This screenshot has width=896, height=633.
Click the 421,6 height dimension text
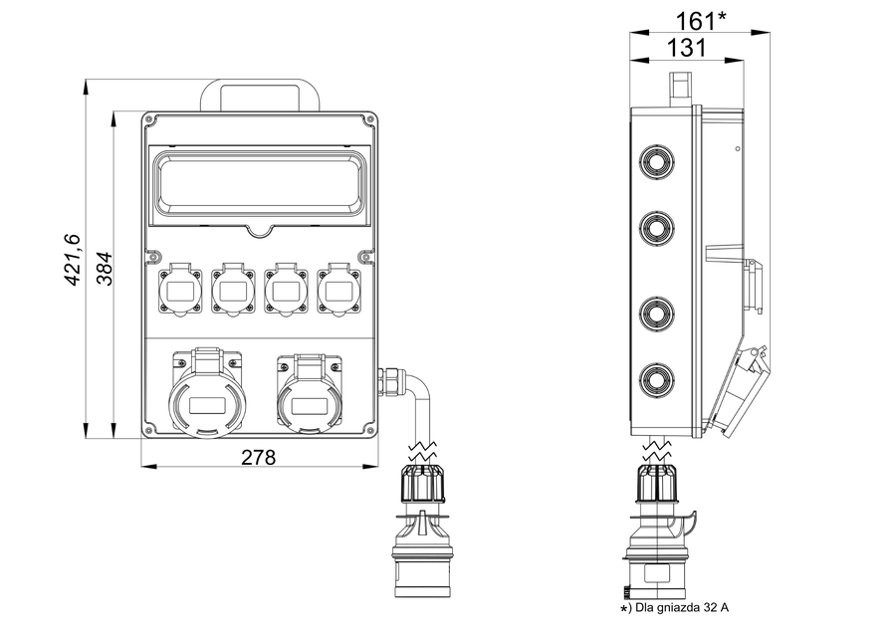click(73, 262)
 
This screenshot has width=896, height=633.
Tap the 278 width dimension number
click(258, 457)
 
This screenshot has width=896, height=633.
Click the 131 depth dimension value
click(687, 47)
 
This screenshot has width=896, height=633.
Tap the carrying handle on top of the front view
click(259, 96)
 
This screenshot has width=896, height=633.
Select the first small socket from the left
click(180, 291)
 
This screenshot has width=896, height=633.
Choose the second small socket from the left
click(233, 291)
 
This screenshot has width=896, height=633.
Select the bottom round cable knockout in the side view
click(656, 378)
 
